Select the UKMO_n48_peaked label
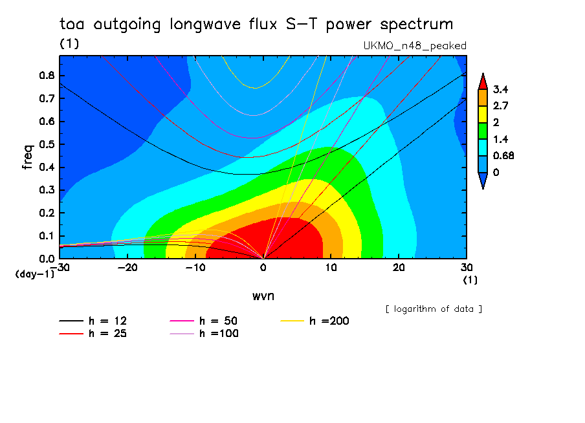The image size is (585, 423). (x=415, y=46)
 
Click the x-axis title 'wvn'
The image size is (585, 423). (x=262, y=296)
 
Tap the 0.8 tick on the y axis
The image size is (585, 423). (x=47, y=75)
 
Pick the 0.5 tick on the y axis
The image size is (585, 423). (x=47, y=144)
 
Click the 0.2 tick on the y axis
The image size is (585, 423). (x=47, y=213)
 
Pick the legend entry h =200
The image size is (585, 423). (x=329, y=321)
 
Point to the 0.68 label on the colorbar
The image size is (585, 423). (x=504, y=155)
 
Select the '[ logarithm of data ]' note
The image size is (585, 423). (x=434, y=309)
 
